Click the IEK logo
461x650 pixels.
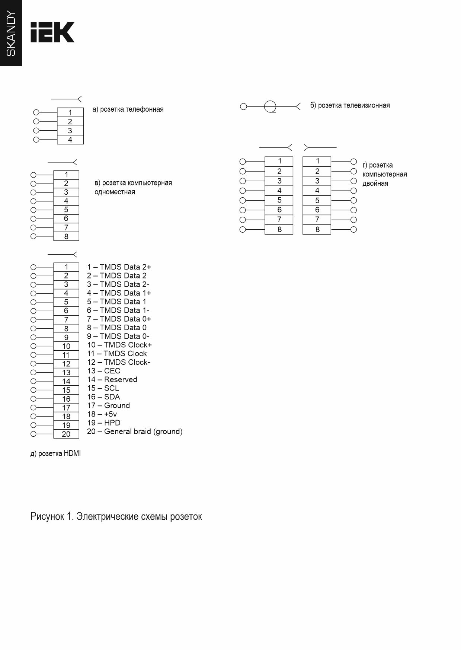click(x=52, y=32)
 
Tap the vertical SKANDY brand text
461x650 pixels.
click(x=11, y=34)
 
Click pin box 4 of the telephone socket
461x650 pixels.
click(x=70, y=140)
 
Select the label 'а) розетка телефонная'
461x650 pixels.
click(x=128, y=109)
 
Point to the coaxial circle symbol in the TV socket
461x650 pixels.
click(x=270, y=107)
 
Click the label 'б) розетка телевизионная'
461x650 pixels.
click(x=350, y=105)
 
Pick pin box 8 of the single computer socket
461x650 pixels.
click(x=66, y=236)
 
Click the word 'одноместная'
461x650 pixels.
click(x=115, y=192)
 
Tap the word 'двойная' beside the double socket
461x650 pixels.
click(x=375, y=183)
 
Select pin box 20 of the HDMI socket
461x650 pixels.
click(x=66, y=434)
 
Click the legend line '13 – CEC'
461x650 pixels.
click(x=103, y=371)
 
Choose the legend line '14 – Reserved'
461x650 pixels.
click(x=112, y=379)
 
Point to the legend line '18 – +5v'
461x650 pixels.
click(x=102, y=414)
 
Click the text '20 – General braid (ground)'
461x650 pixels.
click(x=135, y=431)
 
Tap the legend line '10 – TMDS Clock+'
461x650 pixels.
click(x=119, y=345)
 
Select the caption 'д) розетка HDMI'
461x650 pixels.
click(x=55, y=453)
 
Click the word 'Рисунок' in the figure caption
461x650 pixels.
click(x=47, y=517)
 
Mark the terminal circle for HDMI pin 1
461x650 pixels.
click(x=33, y=267)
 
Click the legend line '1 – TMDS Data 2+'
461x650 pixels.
click(x=119, y=267)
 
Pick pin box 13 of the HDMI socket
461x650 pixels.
click(x=66, y=372)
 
